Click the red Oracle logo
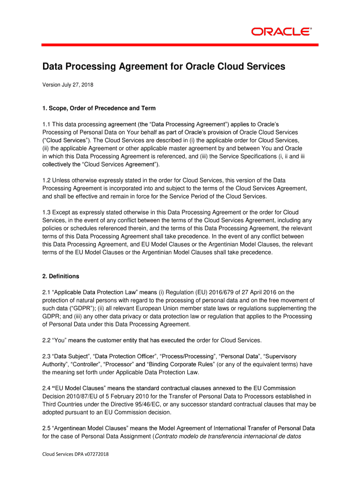click(x=281, y=32)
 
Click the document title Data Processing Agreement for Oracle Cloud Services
click(x=163, y=67)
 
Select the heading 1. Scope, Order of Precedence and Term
click(x=99, y=109)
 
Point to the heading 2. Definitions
click(x=61, y=276)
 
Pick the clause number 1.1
click(x=46, y=124)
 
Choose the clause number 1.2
click(x=46, y=180)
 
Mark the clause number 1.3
click(x=46, y=212)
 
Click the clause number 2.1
click(x=46, y=292)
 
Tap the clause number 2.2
click(x=46, y=340)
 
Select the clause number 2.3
click(x=46, y=356)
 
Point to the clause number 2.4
click(x=46, y=388)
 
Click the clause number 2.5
click(x=46, y=428)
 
